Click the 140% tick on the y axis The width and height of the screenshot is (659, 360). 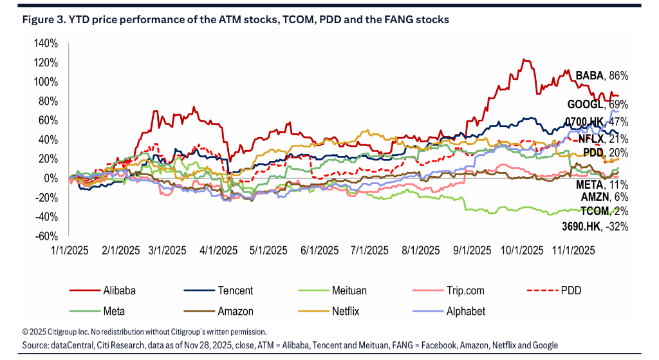pos(48,44)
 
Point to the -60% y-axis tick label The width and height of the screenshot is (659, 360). pos(48,236)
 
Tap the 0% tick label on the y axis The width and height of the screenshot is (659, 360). pos(52,178)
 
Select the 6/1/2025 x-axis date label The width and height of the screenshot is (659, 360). pos(319,250)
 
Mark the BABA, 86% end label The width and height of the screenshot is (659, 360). pos(601,76)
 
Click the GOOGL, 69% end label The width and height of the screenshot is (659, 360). pos(597,104)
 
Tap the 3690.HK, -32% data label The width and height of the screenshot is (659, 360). pos(593,226)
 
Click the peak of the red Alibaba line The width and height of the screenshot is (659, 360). pos(525,60)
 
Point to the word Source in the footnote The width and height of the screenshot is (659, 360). pos(37,346)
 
